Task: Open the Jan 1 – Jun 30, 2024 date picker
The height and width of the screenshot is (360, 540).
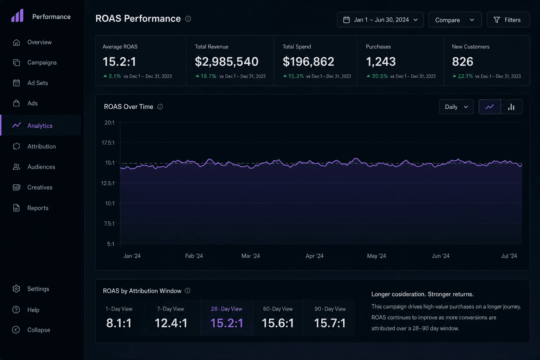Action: [380, 20]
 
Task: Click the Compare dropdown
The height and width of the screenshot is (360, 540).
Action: [455, 20]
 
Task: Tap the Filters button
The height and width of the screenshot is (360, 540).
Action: [508, 20]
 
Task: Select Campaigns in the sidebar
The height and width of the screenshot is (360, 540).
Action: [42, 63]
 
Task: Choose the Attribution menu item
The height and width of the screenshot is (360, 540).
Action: [41, 146]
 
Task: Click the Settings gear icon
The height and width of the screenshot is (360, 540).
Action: [16, 289]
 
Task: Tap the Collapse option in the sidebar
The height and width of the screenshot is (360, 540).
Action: [39, 330]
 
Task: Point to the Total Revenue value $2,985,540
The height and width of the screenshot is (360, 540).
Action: [227, 62]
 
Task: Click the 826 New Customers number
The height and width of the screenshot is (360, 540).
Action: [463, 62]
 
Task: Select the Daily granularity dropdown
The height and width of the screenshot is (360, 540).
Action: [456, 107]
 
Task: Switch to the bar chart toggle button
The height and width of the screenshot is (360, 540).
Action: [511, 107]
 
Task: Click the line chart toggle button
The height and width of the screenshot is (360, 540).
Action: [490, 107]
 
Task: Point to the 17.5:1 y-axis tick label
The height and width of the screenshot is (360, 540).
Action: [108, 143]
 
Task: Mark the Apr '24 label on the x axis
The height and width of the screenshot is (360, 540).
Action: [314, 256]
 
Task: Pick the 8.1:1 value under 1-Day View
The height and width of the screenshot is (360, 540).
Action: [119, 323]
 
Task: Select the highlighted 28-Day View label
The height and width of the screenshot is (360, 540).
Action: [226, 309]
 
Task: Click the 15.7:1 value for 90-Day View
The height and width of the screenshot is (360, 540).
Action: [330, 323]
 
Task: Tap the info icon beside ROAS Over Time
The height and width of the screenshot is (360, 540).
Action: [160, 107]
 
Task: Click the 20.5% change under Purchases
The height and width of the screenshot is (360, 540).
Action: [380, 76]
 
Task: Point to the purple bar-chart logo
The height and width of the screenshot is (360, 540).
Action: [17, 15]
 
